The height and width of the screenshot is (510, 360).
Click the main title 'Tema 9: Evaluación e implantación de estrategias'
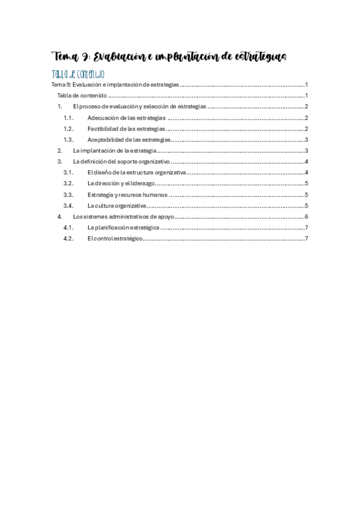[x=170, y=57]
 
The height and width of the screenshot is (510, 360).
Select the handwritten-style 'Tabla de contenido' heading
[x=79, y=75]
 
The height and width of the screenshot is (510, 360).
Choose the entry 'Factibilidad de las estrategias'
[x=126, y=129]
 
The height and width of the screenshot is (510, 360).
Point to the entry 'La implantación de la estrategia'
[x=115, y=150]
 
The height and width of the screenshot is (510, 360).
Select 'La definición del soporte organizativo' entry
[x=121, y=162]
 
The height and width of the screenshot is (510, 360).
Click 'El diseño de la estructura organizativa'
[x=136, y=173]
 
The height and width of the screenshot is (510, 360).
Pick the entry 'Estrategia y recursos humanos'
[x=127, y=194]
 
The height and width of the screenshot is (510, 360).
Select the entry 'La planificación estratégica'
[x=123, y=227]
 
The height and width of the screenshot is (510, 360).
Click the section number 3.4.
[x=68, y=205]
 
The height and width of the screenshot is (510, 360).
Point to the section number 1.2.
[x=68, y=129]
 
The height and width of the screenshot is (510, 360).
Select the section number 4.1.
[x=68, y=227]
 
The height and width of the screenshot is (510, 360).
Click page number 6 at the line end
[x=307, y=217]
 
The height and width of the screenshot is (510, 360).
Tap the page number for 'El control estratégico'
[x=307, y=238]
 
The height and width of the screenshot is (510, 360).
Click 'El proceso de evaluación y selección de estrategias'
[x=139, y=106]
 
